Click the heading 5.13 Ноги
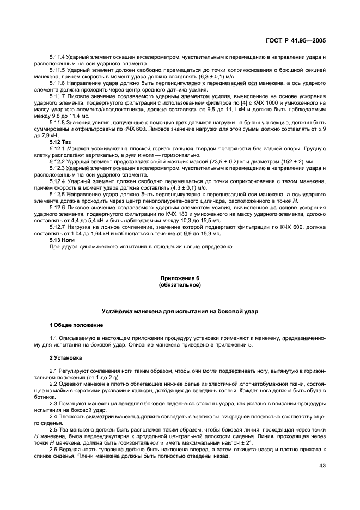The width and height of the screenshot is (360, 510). click(61, 240)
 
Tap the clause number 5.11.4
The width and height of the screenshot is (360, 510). click(57, 57)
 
